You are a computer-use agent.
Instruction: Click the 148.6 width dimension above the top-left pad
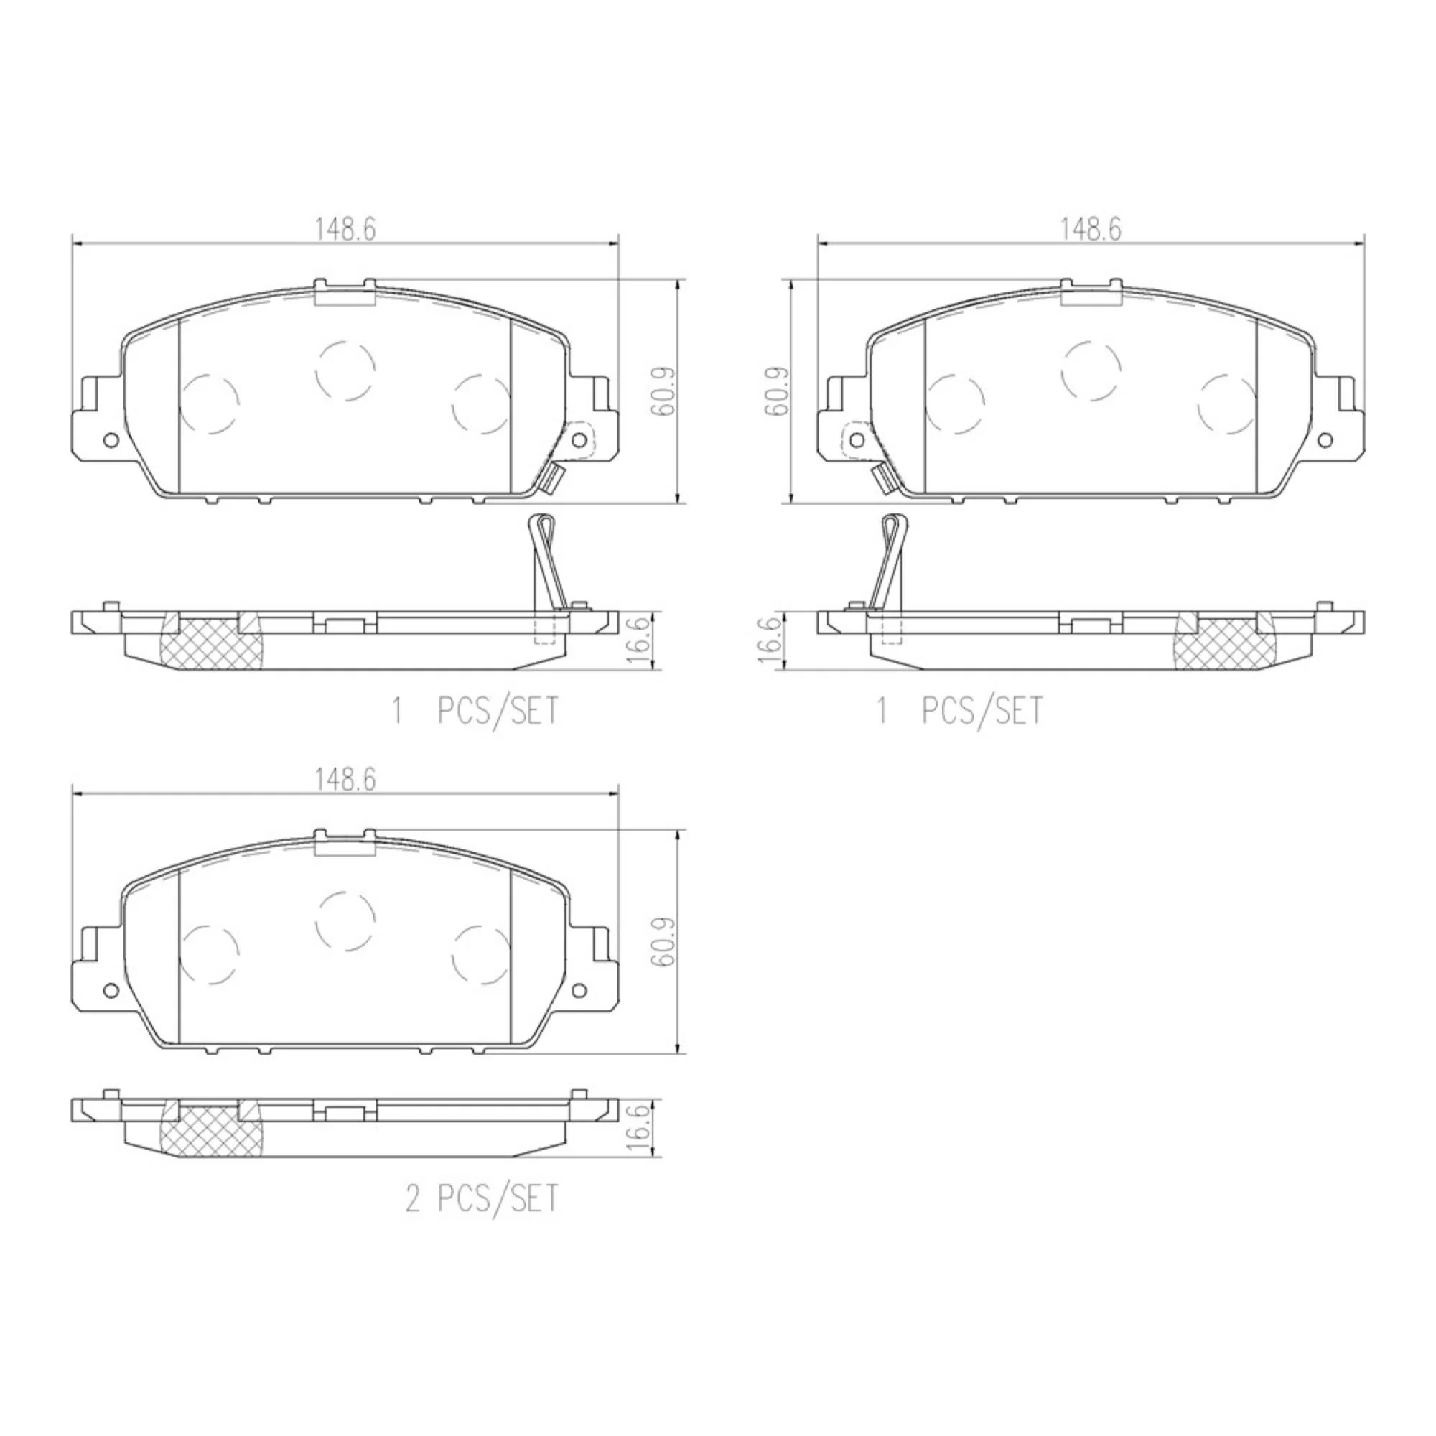pos(345,229)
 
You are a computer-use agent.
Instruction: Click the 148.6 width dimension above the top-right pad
pos(1091,229)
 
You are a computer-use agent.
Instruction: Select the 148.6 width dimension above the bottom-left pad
pos(345,780)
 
